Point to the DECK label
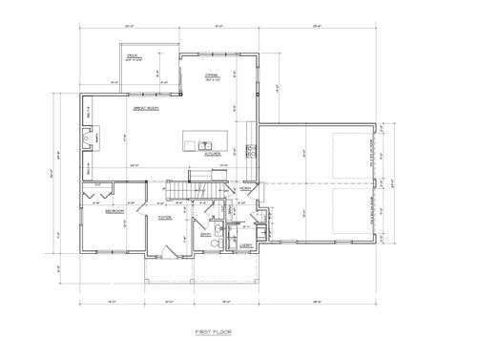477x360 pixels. pyautogui.click(x=135, y=57)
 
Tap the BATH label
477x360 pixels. pyautogui.click(x=205, y=233)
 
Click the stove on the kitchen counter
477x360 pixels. pyautogui.click(x=251, y=150)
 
